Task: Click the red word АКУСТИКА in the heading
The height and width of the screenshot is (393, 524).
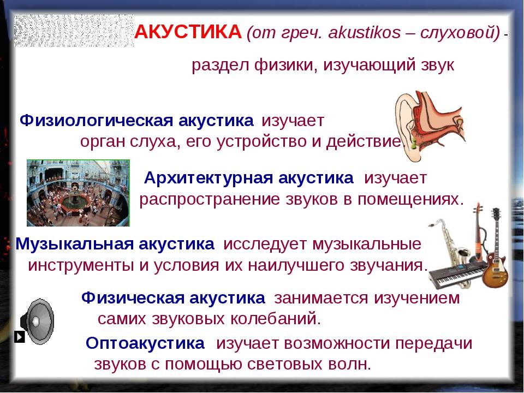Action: tap(188, 32)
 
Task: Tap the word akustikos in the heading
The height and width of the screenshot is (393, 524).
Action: tap(364, 33)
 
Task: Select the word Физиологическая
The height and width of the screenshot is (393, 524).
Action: tap(96, 121)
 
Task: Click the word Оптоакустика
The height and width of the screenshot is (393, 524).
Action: tap(145, 343)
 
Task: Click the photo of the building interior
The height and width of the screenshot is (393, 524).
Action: tap(78, 193)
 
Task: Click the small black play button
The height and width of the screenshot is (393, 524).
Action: tap(20, 337)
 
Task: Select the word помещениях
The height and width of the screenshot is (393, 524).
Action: tap(410, 200)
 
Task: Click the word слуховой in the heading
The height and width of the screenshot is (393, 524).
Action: tap(460, 33)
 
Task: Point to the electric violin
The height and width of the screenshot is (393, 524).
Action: tap(479, 234)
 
